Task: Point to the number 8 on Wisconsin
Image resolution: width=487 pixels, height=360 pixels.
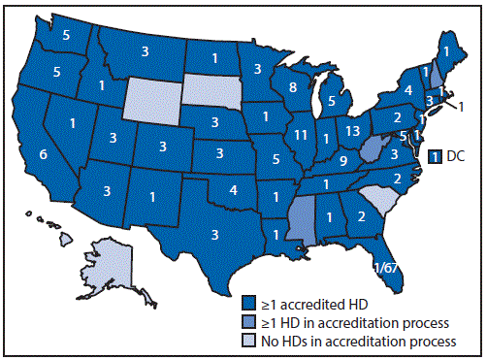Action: coord(291,87)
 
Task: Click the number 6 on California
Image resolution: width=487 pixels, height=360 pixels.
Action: coord(43,154)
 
